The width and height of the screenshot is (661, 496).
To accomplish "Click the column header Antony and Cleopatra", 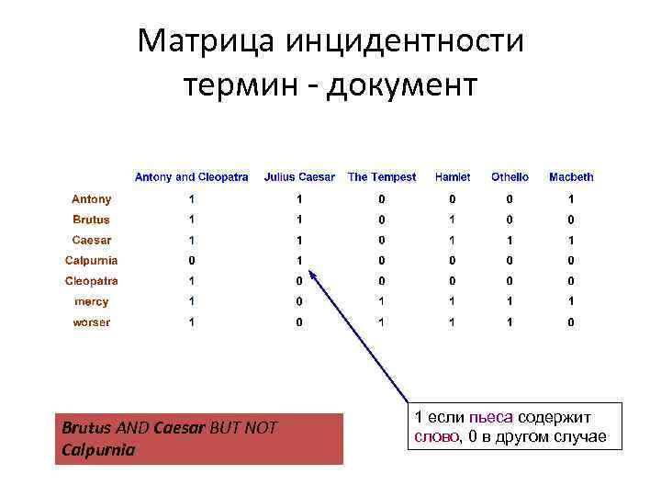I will coord(191,177).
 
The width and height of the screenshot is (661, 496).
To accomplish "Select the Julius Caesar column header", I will coord(299,177).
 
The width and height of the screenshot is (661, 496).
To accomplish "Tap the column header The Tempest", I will coord(382,177).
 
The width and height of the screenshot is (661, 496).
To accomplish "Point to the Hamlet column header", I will coord(452,177).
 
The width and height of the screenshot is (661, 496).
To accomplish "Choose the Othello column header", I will coord(510,177).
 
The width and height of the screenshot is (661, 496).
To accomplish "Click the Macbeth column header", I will coord(571,177).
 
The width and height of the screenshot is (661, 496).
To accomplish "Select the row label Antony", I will coord(92,199).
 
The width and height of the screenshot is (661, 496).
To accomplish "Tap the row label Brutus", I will coord(92,220).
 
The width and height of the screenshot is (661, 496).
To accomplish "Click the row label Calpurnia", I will coord(92,261).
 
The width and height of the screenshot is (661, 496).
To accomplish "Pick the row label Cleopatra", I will coord(92,281).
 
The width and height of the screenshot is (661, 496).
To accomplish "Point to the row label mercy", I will coord(92,301).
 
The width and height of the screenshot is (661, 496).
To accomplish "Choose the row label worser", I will coord(92,322).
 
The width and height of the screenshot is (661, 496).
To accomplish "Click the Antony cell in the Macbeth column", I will coord(571,199).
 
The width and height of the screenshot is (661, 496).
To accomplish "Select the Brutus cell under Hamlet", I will coord(452,220).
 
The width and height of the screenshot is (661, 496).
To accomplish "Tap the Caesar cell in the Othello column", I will coord(510,240).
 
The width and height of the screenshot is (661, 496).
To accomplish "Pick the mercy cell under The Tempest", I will coord(382,301).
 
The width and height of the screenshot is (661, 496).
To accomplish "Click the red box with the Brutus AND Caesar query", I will coord(198,439).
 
